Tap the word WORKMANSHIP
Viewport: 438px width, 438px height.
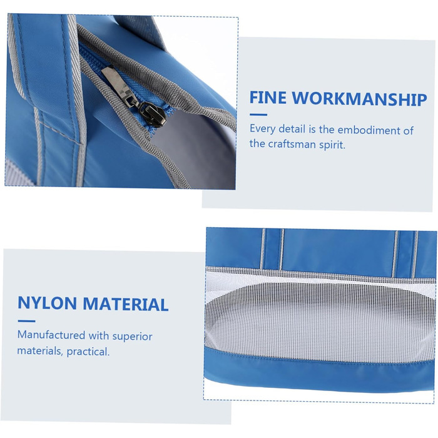[360, 99]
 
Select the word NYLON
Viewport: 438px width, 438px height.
[47, 303]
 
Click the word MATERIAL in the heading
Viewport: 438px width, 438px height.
[126, 304]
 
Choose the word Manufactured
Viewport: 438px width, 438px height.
[51, 335]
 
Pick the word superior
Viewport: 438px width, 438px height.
[132, 337]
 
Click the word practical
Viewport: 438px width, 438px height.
[88, 352]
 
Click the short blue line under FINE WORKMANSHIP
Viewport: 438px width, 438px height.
[258, 115]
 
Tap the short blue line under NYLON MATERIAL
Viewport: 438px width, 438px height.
[26, 321]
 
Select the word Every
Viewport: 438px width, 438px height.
[263, 129]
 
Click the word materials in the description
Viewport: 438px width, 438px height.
[40, 350]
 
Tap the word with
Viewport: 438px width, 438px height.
[99, 335]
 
